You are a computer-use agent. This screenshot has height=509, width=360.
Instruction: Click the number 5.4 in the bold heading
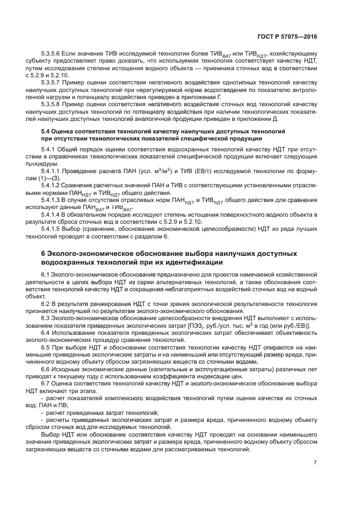click(47, 132)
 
